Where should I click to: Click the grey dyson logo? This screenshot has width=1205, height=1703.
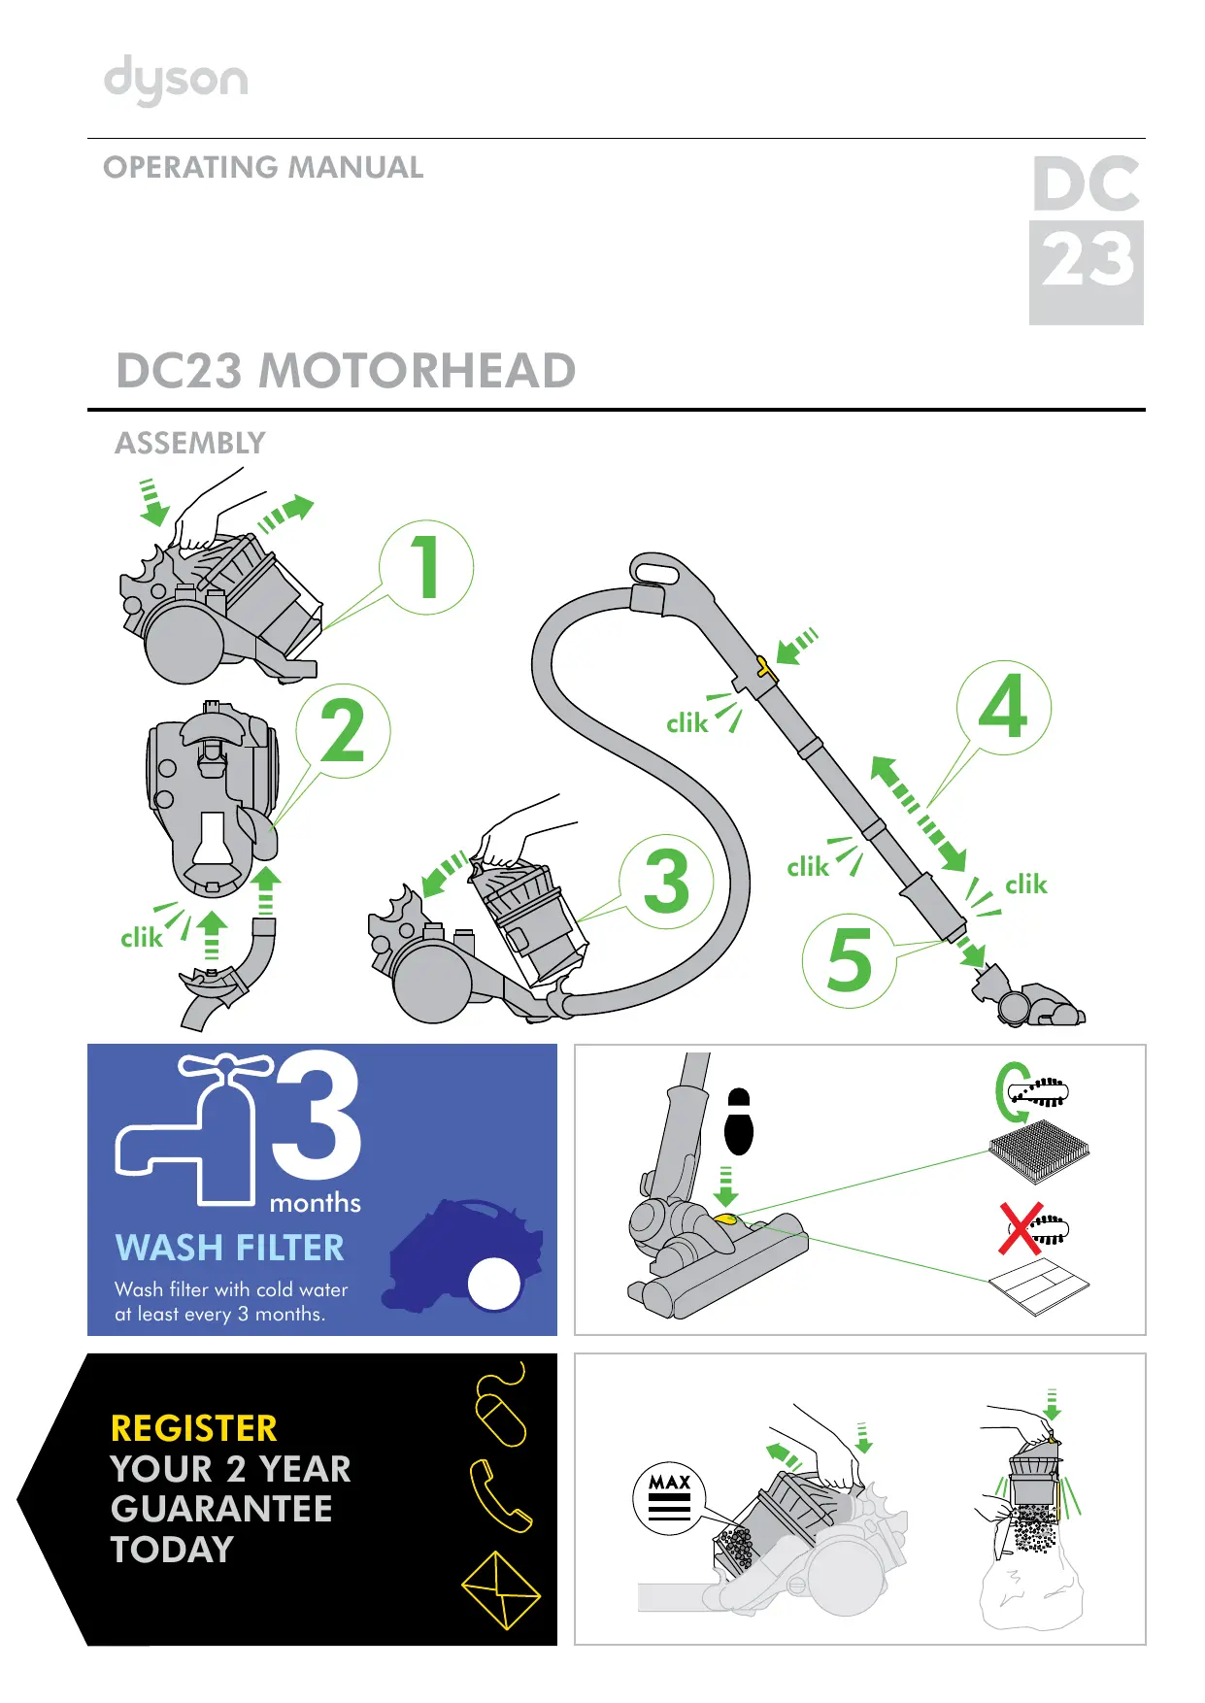(176, 80)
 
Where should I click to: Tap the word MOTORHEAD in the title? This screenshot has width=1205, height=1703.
(418, 371)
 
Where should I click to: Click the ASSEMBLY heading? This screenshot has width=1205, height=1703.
(190, 444)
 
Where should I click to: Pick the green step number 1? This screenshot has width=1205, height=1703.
(425, 567)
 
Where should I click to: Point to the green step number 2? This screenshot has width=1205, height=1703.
(343, 731)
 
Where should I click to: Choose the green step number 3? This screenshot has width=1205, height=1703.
(666, 882)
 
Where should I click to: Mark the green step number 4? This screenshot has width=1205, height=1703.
(1003, 707)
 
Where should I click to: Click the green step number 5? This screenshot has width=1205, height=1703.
(850, 960)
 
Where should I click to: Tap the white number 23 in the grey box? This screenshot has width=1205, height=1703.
(1087, 260)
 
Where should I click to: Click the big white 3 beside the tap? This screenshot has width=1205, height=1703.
(318, 1117)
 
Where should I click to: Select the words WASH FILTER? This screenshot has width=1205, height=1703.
(229, 1248)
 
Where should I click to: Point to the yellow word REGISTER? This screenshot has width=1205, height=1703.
(193, 1428)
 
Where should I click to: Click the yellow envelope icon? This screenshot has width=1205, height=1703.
(500, 1589)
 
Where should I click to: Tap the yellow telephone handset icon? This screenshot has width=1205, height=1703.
(499, 1495)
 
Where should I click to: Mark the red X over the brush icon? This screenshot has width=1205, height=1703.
(1021, 1229)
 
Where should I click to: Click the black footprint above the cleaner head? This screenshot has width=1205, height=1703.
(739, 1122)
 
